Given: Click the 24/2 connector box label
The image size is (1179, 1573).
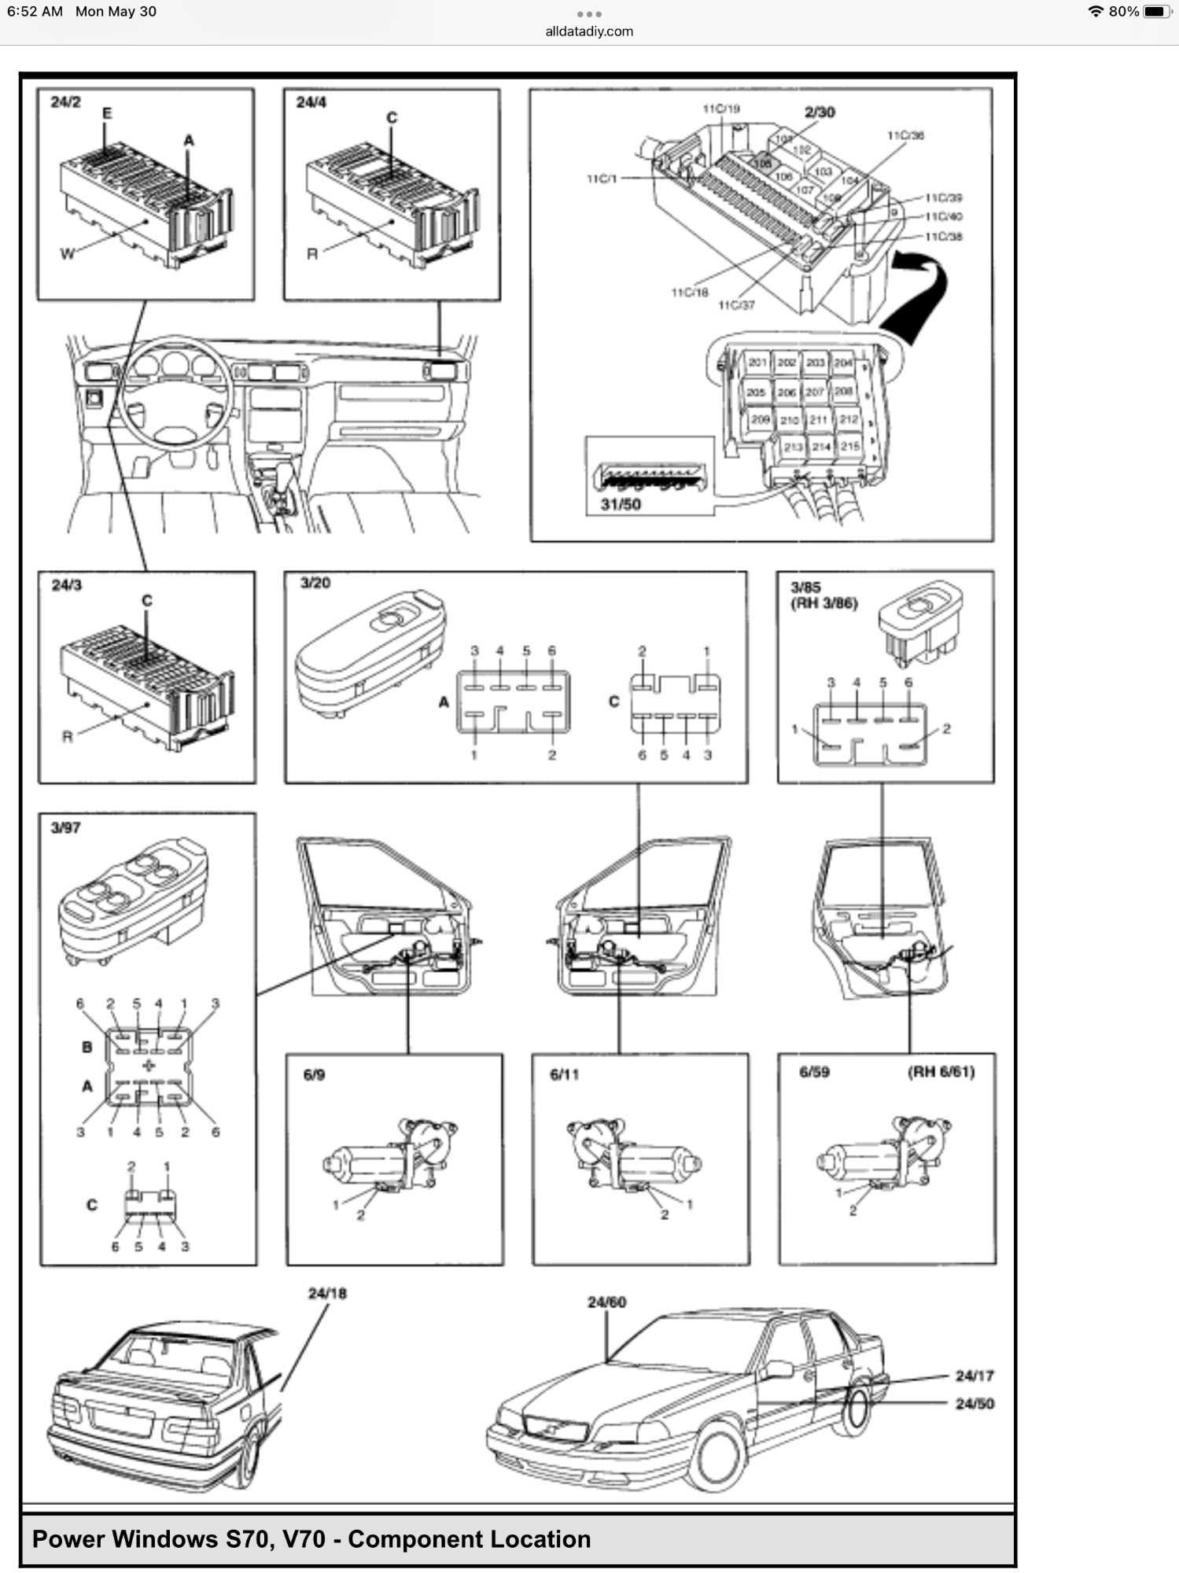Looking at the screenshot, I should [x=65, y=102].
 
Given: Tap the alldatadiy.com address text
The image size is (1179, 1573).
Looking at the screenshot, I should [x=589, y=31].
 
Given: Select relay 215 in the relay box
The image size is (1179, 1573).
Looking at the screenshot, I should [x=849, y=446].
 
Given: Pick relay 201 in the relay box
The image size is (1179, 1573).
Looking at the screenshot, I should [x=757, y=363].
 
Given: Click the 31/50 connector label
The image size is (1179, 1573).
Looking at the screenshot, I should [x=620, y=504].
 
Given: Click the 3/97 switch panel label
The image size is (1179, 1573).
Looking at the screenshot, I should [x=65, y=827].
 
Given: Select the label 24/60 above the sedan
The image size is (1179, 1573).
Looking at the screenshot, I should [x=606, y=1302].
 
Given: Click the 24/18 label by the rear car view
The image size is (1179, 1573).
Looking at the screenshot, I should [x=327, y=1293].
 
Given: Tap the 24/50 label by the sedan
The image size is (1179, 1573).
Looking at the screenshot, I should [x=974, y=1404].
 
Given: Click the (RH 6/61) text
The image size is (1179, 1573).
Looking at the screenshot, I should [x=941, y=1072].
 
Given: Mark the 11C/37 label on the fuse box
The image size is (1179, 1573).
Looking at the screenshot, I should [x=736, y=305].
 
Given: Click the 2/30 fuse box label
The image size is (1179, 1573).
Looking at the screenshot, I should [x=820, y=112].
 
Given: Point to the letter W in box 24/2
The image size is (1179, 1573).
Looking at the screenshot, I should [x=67, y=253].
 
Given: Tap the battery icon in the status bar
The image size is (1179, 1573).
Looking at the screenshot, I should [x=1156, y=11].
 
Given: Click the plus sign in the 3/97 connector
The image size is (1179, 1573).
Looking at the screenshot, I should [x=149, y=1066].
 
